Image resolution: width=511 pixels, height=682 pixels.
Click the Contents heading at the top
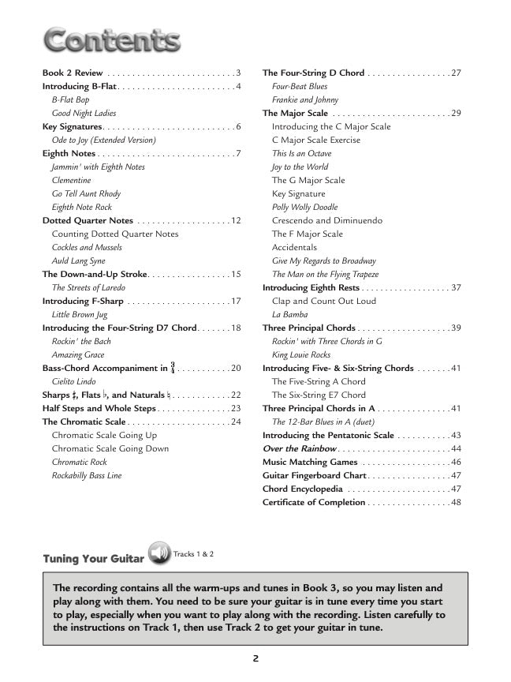(x=111, y=39)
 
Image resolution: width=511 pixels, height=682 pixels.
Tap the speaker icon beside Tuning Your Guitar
(x=159, y=554)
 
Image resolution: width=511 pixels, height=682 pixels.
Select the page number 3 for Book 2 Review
(x=238, y=73)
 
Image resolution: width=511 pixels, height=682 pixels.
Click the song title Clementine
(x=72, y=180)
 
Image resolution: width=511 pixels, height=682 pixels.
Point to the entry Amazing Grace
(x=78, y=355)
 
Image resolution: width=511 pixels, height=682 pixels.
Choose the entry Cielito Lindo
(x=73, y=381)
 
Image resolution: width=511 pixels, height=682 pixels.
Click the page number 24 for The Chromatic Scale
(x=236, y=422)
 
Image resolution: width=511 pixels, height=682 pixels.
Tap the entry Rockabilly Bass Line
(x=87, y=475)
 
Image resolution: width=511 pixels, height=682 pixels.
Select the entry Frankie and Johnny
(x=305, y=99)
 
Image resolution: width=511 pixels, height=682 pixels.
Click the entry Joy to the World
(x=300, y=167)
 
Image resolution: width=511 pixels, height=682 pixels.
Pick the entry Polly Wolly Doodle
(x=304, y=207)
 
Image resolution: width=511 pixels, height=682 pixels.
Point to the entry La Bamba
(x=289, y=314)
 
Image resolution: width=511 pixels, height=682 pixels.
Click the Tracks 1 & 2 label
(x=194, y=554)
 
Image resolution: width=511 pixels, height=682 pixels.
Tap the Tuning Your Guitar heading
(x=93, y=559)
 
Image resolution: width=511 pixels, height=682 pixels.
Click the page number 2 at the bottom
(x=256, y=658)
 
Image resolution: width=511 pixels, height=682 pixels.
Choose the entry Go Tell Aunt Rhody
(x=86, y=193)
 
